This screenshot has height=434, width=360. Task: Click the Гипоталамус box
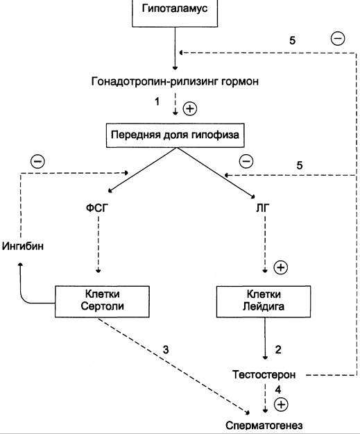pyautogui.click(x=175, y=13)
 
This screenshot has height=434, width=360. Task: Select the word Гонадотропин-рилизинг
pyautogui.click(x=155, y=81)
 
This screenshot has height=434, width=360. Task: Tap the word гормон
pyautogui.click(x=240, y=82)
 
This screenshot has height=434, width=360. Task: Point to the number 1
pyautogui.click(x=157, y=101)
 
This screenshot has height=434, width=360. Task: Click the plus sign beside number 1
pyautogui.click(x=190, y=108)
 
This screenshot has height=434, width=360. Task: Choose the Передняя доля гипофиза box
pyautogui.click(x=175, y=135)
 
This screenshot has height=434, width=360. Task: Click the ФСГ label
pyautogui.click(x=97, y=208)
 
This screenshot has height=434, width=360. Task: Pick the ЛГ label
pyautogui.click(x=262, y=208)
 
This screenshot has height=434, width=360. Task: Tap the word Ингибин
pyautogui.click(x=23, y=246)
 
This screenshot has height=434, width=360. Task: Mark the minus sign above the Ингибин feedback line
pyautogui.click(x=37, y=162)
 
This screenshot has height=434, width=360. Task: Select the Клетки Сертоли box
pyautogui.click(x=102, y=301)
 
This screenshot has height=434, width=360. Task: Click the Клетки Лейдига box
pyautogui.click(x=264, y=301)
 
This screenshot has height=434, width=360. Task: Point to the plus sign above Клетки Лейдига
pyautogui.click(x=281, y=267)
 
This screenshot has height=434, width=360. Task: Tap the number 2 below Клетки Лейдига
pyautogui.click(x=278, y=350)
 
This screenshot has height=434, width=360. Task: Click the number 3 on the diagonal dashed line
pyautogui.click(x=166, y=350)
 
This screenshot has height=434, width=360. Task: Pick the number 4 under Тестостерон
pyautogui.click(x=278, y=390)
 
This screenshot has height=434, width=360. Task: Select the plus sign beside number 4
pyautogui.click(x=281, y=404)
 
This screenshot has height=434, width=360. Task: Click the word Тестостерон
pyautogui.click(x=264, y=375)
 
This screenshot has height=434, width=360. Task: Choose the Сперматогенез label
pyautogui.click(x=264, y=426)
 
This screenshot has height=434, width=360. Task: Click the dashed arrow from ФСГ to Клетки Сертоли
pyautogui.click(x=98, y=244)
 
